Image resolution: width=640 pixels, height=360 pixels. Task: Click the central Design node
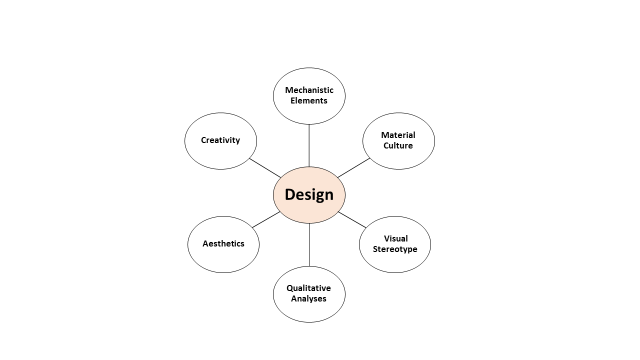click(x=309, y=195)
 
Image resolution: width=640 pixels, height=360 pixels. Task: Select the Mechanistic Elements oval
click(x=309, y=96)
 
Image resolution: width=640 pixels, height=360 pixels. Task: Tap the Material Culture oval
click(x=398, y=141)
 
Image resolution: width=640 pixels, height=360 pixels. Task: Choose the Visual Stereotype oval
click(x=395, y=244)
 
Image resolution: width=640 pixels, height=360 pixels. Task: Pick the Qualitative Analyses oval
click(x=309, y=294)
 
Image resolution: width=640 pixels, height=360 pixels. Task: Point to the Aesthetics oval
click(x=223, y=244)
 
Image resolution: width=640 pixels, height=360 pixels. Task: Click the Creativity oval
click(x=220, y=141)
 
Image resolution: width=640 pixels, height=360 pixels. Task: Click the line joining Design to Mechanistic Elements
click(x=309, y=145)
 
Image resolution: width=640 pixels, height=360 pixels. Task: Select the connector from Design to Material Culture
click(x=354, y=168)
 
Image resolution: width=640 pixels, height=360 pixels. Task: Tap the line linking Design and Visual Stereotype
click(x=352, y=220)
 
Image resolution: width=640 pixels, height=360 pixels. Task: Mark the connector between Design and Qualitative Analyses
click(x=309, y=244)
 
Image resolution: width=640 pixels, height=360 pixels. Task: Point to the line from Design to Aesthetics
click(x=266, y=220)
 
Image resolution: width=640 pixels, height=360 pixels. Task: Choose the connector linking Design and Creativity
click(x=265, y=168)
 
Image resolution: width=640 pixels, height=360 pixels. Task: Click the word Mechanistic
click(x=309, y=90)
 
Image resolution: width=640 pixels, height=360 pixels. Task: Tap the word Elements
click(x=309, y=101)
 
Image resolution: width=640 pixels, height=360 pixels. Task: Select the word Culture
click(x=398, y=146)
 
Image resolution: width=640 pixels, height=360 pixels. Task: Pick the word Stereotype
click(x=395, y=249)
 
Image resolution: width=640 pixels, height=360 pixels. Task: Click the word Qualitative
click(x=309, y=288)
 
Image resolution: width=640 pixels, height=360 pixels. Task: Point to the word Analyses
click(x=309, y=299)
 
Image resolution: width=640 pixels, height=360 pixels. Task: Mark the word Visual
click(x=396, y=238)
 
